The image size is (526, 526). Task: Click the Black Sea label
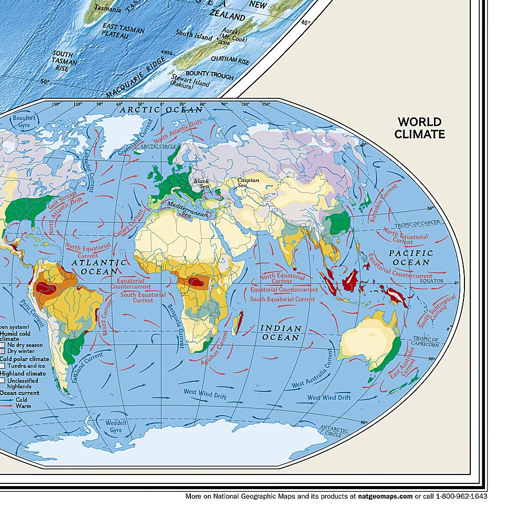[x=201, y=184]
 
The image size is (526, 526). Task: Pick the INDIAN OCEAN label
[x=281, y=332]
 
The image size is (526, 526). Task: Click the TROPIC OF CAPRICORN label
[x=426, y=342]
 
